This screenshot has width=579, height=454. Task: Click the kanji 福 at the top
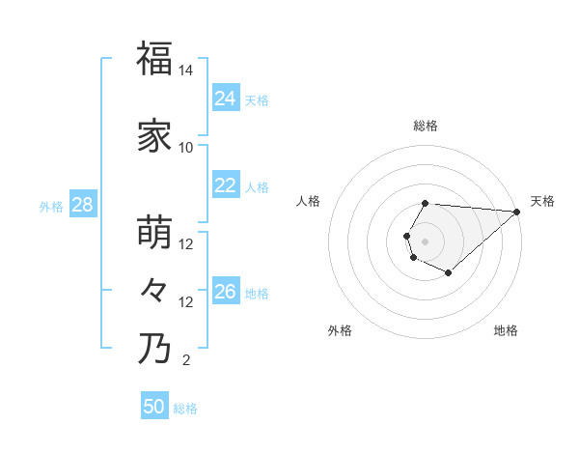pyautogui.click(x=154, y=59)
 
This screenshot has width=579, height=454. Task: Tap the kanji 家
pyautogui.click(x=154, y=136)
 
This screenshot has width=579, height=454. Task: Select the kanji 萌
pyautogui.click(x=154, y=233)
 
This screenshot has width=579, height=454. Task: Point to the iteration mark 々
pyautogui.click(x=154, y=290)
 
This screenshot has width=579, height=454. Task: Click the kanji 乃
pyautogui.click(x=154, y=349)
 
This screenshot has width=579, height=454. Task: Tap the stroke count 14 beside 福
pyautogui.click(x=186, y=71)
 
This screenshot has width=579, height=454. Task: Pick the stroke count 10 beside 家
pyautogui.click(x=186, y=148)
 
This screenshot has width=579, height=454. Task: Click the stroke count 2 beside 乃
pyautogui.click(x=186, y=361)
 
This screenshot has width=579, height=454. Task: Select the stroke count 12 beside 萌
pyautogui.click(x=186, y=244)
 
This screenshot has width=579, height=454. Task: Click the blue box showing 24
pyautogui.click(x=225, y=99)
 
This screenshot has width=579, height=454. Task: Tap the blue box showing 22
pyautogui.click(x=225, y=185)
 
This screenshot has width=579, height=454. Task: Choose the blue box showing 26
pyautogui.click(x=225, y=292)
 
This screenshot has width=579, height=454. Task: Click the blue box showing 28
pyautogui.click(x=82, y=205)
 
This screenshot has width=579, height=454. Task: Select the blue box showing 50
pyautogui.click(x=154, y=407)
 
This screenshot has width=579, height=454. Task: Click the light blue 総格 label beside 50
pyautogui.click(x=185, y=409)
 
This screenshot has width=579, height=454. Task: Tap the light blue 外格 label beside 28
pyautogui.click(x=51, y=206)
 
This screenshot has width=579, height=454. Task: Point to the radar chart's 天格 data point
pyautogui.click(x=516, y=213)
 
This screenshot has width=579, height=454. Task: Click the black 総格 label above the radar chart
pyautogui.click(x=426, y=126)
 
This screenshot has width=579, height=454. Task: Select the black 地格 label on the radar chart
pyautogui.click(x=506, y=330)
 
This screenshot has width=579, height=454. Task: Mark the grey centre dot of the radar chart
pyautogui.click(x=426, y=241)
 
